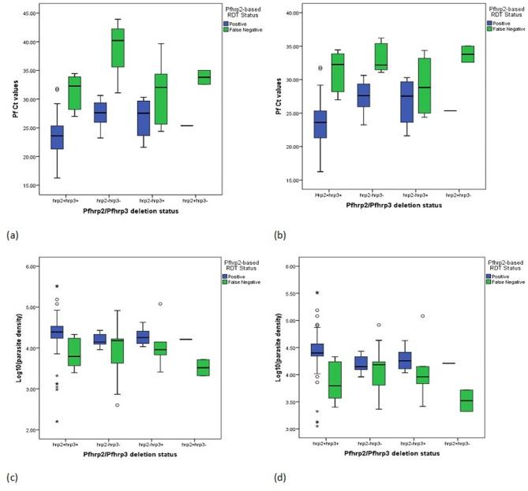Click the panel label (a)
12,236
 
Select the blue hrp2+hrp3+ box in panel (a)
58,137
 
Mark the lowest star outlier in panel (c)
57,422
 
